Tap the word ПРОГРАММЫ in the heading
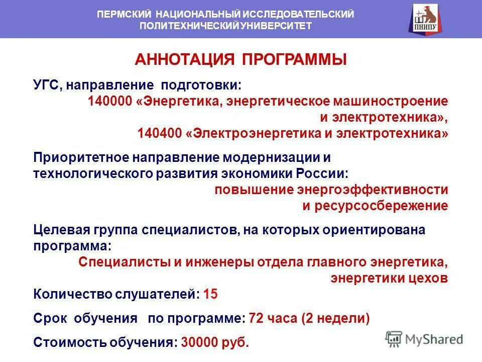click(x=295, y=60)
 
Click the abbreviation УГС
click(x=47, y=84)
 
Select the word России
click(x=326, y=173)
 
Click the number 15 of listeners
click(x=211, y=295)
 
